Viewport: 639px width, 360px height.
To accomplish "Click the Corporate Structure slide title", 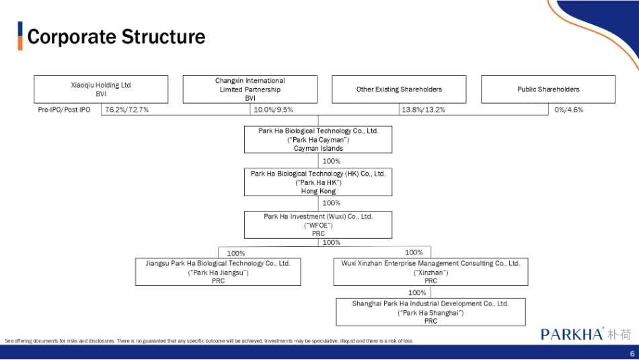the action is tap(116, 37).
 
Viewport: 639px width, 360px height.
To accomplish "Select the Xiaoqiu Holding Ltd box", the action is tap(101, 89).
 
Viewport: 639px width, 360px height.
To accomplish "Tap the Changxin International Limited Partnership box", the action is tap(250, 89).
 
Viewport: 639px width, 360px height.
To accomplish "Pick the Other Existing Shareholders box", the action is tap(399, 89).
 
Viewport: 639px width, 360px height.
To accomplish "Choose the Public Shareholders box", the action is tap(548, 89).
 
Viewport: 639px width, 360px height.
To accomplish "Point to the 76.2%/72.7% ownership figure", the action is tap(126, 110).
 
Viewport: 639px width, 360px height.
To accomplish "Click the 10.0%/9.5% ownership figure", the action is tap(273, 110).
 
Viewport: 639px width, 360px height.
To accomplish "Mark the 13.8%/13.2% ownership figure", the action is tap(423, 110).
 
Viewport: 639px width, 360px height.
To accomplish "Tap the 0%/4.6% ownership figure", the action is tap(568, 110).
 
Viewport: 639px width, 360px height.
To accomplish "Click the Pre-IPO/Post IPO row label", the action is tap(64, 110).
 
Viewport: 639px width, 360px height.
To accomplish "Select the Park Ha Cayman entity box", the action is tap(318, 139).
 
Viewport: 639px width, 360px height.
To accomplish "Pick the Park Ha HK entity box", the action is tap(318, 182).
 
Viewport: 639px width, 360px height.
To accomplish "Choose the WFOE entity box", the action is tap(318, 225).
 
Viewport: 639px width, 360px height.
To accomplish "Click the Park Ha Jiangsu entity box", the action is tap(218, 272).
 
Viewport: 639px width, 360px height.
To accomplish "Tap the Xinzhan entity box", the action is tap(430, 272).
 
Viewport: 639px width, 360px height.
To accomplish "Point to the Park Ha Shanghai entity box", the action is tap(430, 312).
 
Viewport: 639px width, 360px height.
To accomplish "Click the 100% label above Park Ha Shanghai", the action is tap(417, 293).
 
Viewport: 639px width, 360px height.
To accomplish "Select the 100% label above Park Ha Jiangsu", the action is tap(236, 253).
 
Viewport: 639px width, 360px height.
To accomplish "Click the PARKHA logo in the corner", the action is tap(586, 334).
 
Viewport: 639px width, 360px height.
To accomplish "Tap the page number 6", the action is tap(632, 354).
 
